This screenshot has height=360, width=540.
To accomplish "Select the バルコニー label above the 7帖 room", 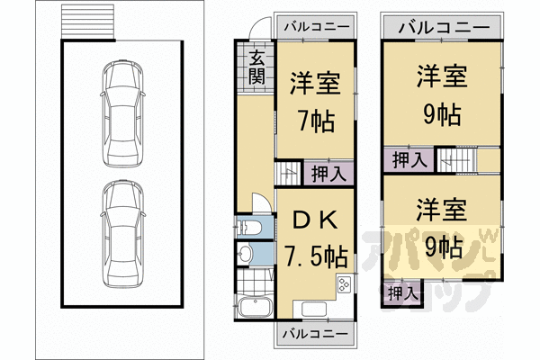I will pos(314,27).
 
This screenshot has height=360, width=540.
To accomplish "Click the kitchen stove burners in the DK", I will pos(344,288).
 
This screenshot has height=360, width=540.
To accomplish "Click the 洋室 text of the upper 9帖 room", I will pos(441,77).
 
